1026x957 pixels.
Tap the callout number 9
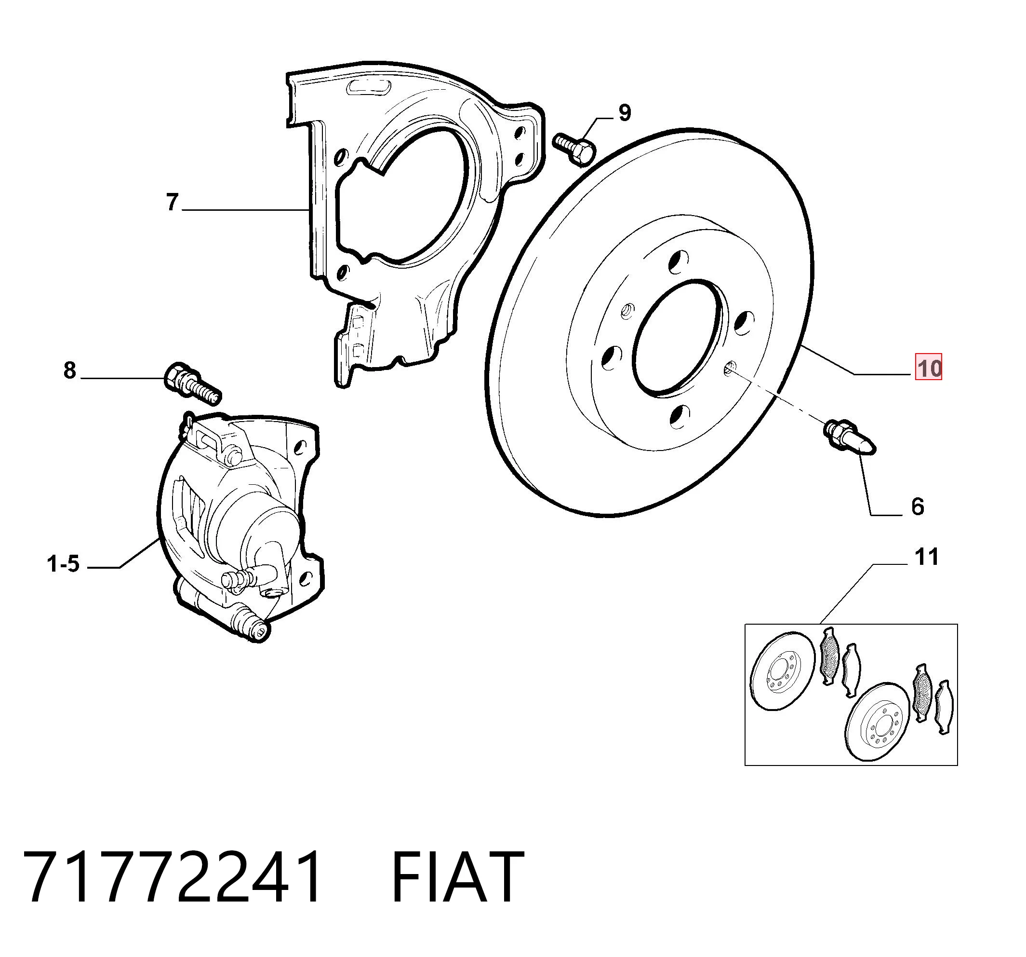[x=625, y=112]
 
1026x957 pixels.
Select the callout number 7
[x=173, y=202]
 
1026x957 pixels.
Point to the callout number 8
[x=70, y=371]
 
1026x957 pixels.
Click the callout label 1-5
[x=64, y=564]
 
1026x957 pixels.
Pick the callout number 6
[x=918, y=506]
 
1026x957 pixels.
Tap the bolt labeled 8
[x=192, y=384]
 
